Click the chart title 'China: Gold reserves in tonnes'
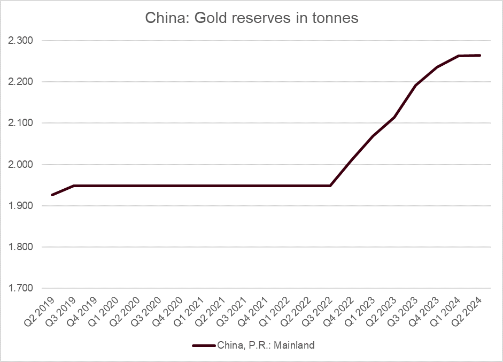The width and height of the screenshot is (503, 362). [x=251, y=18]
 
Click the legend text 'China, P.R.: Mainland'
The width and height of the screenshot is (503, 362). [x=266, y=345]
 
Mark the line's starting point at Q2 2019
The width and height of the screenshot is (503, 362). [x=52, y=195]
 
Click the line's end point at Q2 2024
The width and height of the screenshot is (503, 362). [x=481, y=55]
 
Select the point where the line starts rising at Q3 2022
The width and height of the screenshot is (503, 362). [x=330, y=186]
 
